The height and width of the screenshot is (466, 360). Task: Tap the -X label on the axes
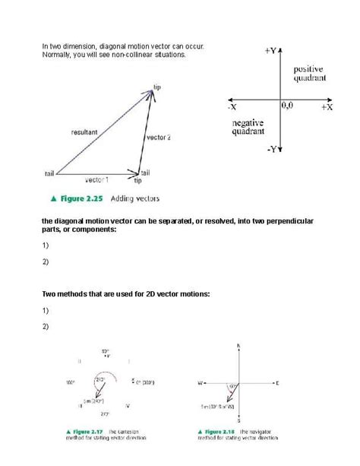[x=232, y=108]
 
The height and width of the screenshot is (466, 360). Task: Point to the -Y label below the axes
[x=272, y=150]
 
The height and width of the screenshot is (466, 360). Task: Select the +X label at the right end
[x=327, y=108]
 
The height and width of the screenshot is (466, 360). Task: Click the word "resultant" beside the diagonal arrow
[x=84, y=132]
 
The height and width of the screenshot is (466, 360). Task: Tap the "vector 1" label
[x=96, y=180]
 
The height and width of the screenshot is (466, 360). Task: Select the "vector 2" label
[x=158, y=138]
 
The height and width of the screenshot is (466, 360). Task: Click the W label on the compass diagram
[x=200, y=382]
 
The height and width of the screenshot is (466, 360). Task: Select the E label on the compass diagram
[x=277, y=382]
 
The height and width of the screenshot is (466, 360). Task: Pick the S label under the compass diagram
[x=238, y=420]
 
